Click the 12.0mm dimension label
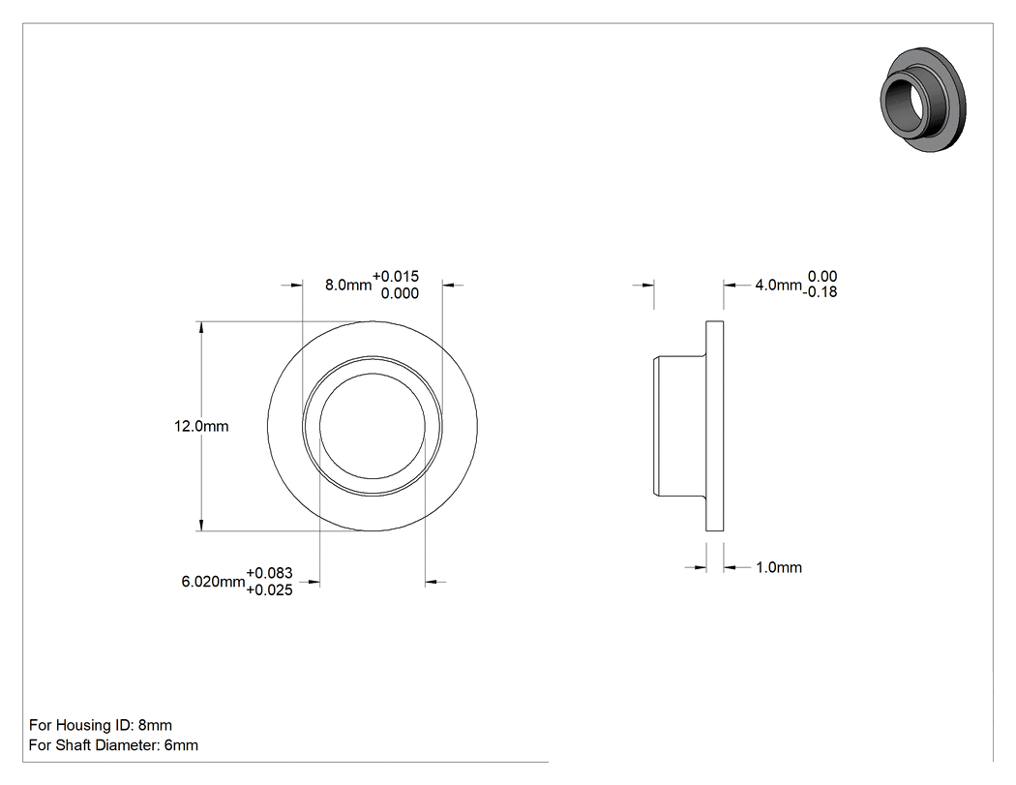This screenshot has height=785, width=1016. pyautogui.click(x=201, y=427)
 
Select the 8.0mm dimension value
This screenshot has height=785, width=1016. pyautogui.click(x=348, y=286)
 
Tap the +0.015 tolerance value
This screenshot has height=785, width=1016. pyautogui.click(x=395, y=277)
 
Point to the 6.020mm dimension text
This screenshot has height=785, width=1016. pyautogui.click(x=213, y=582)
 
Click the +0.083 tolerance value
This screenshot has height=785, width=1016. pyautogui.click(x=270, y=574)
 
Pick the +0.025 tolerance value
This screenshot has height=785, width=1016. pyautogui.click(x=270, y=589)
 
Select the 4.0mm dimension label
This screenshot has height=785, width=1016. pyautogui.click(x=778, y=286)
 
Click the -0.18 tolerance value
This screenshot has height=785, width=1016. pyautogui.click(x=821, y=292)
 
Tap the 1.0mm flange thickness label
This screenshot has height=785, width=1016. pyautogui.click(x=779, y=568)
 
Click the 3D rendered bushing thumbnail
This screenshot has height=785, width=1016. pyautogui.click(x=923, y=100)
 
